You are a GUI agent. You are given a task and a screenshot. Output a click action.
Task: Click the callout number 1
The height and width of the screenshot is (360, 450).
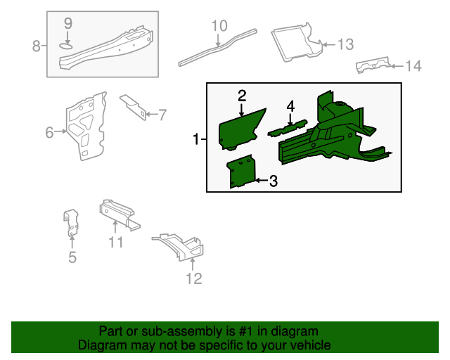196,140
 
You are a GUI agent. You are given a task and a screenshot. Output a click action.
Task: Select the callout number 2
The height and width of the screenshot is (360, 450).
241,96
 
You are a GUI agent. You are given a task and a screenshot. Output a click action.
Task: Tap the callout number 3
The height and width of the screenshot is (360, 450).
273,181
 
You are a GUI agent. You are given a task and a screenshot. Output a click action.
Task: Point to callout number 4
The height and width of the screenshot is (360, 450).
290,106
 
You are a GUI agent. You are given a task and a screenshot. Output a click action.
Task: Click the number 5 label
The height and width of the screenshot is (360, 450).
72,257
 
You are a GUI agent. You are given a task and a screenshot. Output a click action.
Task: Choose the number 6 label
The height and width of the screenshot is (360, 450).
49,131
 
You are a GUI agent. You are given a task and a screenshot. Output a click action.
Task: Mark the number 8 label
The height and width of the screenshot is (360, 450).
37,46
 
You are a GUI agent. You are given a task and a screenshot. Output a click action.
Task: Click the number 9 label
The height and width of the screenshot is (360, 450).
68,23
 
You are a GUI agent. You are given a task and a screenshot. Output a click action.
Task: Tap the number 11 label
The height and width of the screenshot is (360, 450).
116,243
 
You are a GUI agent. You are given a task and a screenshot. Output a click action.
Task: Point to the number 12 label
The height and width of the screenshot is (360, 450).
193,278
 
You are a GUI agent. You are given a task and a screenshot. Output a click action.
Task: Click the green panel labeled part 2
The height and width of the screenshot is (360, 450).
241,129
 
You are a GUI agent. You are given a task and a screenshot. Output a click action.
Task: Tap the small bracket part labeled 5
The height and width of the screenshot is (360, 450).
72,223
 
